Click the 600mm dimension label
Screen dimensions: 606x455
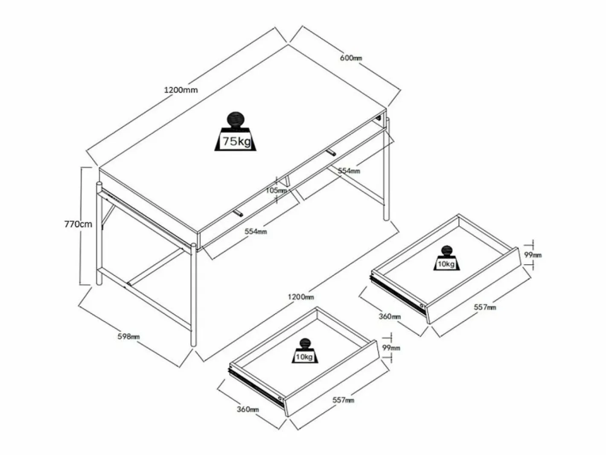(x=351, y=58)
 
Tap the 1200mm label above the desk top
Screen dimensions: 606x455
(x=181, y=90)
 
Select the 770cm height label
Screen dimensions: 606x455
(x=78, y=224)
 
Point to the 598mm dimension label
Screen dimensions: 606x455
(x=128, y=337)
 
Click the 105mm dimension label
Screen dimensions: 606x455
(x=276, y=190)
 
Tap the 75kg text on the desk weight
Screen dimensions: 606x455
(x=237, y=141)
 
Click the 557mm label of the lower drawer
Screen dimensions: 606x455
(x=343, y=400)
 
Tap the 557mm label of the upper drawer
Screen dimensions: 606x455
(x=485, y=307)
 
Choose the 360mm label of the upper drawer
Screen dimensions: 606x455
(x=390, y=316)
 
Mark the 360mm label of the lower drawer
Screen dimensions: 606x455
(x=248, y=409)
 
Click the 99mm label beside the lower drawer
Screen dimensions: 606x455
(x=391, y=348)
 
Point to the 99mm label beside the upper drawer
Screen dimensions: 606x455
(x=533, y=255)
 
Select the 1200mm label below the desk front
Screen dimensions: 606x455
(x=301, y=297)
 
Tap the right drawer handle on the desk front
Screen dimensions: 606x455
(x=331, y=152)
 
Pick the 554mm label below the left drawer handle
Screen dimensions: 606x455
(x=256, y=231)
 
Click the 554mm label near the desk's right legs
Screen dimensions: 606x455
(x=349, y=171)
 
